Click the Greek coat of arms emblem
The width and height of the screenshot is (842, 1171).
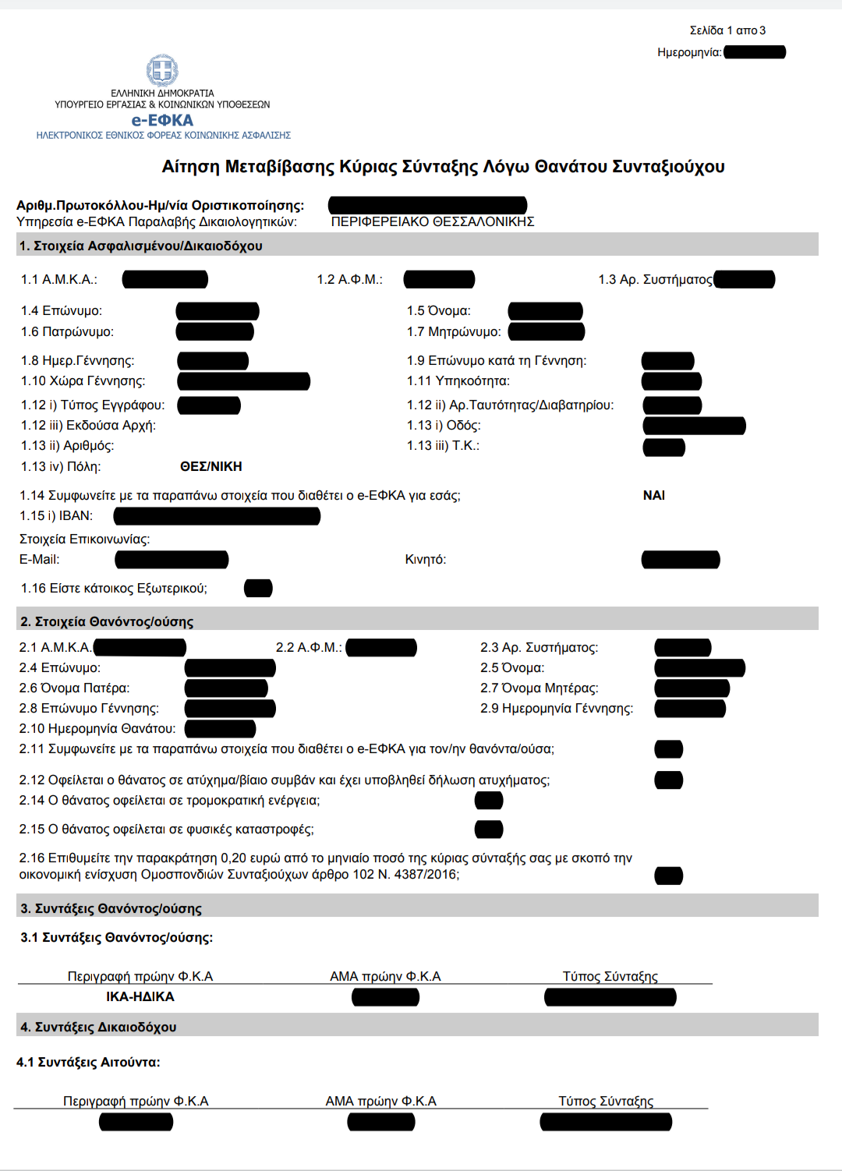point(162,71)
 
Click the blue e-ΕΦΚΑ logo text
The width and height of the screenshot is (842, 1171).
point(162,120)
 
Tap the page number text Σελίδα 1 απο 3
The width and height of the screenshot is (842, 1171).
point(727,30)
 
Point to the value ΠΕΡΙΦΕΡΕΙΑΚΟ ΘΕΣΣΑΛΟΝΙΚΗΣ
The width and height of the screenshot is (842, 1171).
point(433,221)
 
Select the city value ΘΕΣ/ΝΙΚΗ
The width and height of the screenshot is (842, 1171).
point(210,466)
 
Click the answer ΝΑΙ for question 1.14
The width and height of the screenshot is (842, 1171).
point(653,495)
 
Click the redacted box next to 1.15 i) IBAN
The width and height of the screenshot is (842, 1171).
point(217,516)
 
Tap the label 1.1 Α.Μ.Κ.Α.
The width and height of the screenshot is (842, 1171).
point(59,279)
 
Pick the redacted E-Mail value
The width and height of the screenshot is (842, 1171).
point(172,560)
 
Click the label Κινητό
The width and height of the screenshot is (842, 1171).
point(426,560)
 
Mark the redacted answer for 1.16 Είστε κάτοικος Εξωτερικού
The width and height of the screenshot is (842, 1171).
point(258,588)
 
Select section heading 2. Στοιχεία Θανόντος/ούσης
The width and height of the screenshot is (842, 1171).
point(107,621)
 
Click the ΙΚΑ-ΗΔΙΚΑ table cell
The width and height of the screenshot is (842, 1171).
point(140,996)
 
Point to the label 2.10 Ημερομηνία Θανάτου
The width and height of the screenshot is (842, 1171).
point(97,728)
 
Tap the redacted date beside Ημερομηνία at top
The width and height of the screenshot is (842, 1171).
point(754,52)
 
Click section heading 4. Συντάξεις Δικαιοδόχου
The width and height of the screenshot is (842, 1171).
point(98,1027)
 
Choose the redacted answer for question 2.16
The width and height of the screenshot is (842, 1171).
point(668,876)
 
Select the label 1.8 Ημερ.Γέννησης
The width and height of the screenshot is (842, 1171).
point(78,360)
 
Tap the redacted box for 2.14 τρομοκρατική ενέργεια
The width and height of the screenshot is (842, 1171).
point(489,801)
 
